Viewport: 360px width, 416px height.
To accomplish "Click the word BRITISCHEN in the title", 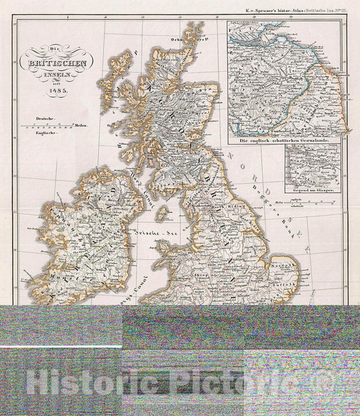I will click(x=57, y=64).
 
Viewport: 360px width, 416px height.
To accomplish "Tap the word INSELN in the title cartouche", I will click(x=58, y=75).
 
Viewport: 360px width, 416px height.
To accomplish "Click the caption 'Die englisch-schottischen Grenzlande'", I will click(x=288, y=140).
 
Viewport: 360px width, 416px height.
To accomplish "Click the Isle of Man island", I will click(x=161, y=213).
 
